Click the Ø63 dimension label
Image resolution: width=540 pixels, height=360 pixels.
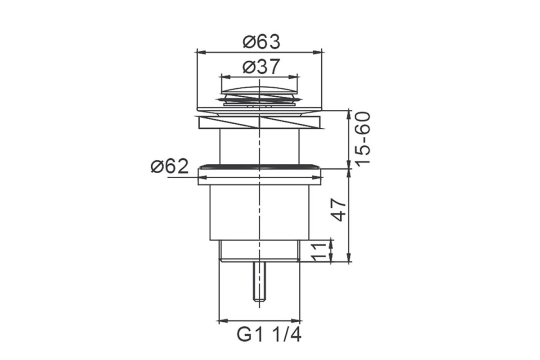point(261,42)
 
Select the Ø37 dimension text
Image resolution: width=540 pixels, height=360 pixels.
point(261,66)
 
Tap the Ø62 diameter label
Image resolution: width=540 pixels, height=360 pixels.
point(170,166)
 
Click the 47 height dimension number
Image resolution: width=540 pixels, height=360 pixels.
point(338,210)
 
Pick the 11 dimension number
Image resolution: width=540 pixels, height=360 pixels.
point(319,252)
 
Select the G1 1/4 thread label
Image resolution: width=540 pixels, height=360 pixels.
point(269,335)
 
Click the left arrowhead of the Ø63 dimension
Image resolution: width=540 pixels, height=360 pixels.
point(202,52)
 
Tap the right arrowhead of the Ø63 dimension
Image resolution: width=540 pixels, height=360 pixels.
point(318,52)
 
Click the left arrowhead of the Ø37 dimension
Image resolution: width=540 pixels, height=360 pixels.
point(225,77)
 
